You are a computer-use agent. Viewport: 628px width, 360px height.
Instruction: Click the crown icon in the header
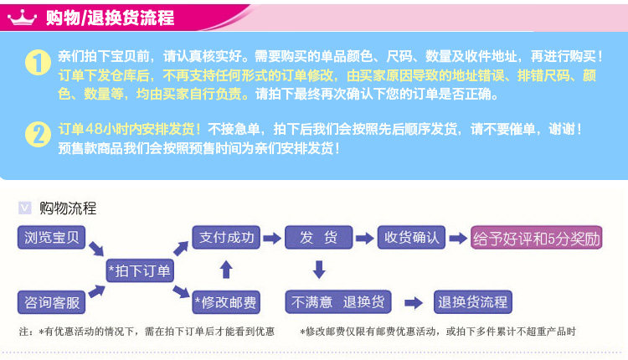[23, 16]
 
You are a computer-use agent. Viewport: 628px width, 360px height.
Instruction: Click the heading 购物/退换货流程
[109, 17]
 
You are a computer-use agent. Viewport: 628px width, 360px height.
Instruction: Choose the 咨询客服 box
[50, 301]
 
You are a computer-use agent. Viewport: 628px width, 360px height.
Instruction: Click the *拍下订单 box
[139, 270]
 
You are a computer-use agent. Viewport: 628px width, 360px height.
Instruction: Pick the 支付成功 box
[225, 237]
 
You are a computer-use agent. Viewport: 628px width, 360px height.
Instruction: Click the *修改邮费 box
[225, 301]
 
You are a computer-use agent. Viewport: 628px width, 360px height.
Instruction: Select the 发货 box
[317, 237]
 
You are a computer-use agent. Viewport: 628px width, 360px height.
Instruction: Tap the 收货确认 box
[411, 237]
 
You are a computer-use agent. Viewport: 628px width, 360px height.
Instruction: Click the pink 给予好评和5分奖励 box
[537, 238]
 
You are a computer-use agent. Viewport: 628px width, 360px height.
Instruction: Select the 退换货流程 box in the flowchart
[473, 301]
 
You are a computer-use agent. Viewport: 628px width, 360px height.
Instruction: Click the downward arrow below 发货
[318, 270]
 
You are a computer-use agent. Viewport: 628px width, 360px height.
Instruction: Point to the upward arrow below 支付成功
[225, 269]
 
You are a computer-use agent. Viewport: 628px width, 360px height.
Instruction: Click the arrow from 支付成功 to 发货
[272, 238]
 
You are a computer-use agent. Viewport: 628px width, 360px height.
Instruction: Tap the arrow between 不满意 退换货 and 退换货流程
[413, 302]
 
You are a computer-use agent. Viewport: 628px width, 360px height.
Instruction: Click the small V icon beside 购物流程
[24, 208]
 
